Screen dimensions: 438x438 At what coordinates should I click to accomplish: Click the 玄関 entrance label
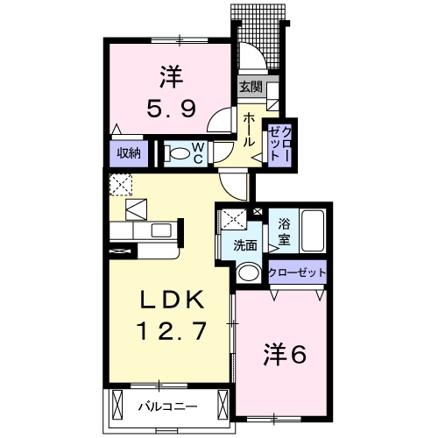point(251,87)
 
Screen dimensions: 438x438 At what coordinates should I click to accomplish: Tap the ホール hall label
point(249,130)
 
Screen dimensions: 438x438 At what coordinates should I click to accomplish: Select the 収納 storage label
point(130,153)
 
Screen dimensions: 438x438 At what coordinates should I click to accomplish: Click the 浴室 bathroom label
point(284,230)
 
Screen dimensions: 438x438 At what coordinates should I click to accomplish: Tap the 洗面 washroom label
point(245,246)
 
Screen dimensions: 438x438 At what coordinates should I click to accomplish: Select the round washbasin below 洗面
point(249,272)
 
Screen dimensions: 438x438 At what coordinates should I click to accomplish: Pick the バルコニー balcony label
point(167,406)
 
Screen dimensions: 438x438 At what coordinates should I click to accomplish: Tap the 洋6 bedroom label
point(285,355)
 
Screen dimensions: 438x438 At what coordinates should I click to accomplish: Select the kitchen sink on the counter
point(162,230)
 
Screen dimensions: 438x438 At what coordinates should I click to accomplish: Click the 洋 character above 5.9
point(170,77)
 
